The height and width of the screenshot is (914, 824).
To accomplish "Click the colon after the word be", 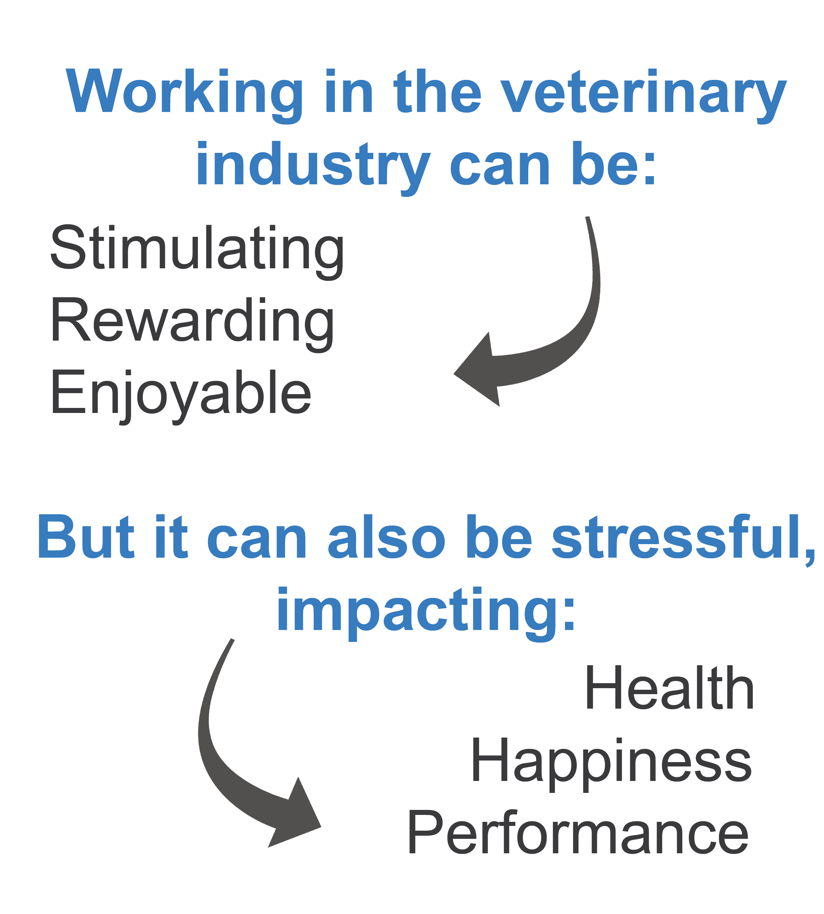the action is click(650, 169).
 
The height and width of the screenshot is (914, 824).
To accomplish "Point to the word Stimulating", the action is click(197, 251).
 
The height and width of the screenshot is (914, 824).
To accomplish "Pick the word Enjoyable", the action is click(181, 396).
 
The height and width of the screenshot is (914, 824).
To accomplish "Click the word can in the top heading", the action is click(500, 168).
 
